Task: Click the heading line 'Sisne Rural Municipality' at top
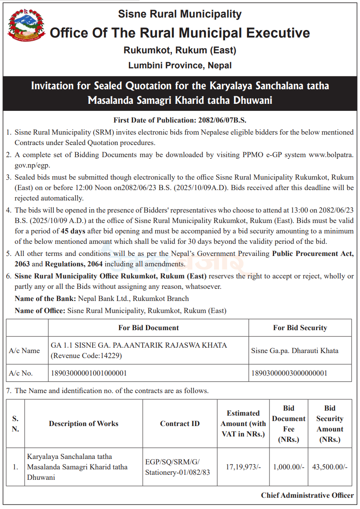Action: (180, 14)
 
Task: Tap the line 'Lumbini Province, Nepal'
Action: (180, 65)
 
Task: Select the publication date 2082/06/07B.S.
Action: (222, 120)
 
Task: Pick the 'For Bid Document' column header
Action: (149, 328)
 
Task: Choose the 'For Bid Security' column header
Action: (300, 328)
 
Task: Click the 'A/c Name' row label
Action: (25, 351)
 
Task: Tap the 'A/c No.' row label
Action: (21, 373)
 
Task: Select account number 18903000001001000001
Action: (88, 373)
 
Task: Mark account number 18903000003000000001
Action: (289, 373)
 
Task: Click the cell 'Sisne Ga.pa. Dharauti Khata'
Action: (295, 351)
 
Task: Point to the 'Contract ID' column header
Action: (180, 424)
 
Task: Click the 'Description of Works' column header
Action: (83, 424)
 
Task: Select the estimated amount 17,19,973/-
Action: (243, 467)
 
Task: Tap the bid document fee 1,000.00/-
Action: (289, 467)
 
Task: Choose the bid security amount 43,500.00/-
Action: (330, 467)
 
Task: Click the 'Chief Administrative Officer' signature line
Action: (307, 495)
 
